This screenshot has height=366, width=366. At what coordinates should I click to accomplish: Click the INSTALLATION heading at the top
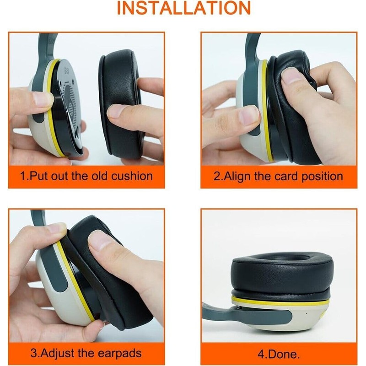click(183, 8)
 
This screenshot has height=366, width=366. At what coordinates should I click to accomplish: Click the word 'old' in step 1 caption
click(87, 176)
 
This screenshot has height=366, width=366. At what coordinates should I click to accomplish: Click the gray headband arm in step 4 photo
click(256, 316)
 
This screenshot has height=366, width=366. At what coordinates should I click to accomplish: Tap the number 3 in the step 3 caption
click(34, 353)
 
